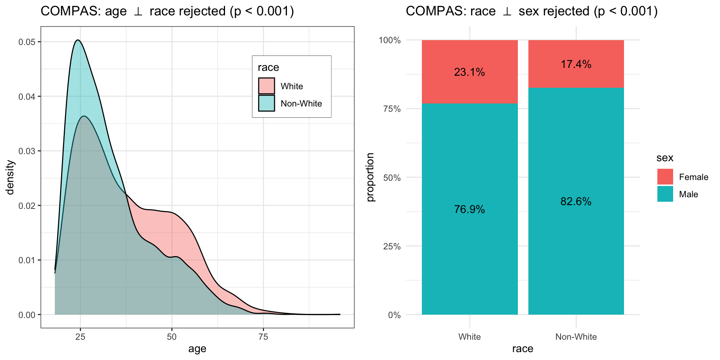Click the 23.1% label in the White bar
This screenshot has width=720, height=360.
(x=469, y=72)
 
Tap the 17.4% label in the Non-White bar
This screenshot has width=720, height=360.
(x=576, y=64)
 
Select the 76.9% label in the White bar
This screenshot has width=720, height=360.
(x=469, y=209)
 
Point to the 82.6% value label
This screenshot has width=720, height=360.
(x=576, y=202)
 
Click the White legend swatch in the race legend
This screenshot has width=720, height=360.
(x=266, y=86)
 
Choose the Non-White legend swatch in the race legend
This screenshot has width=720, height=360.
(x=266, y=103)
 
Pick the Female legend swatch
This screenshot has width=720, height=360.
(x=665, y=177)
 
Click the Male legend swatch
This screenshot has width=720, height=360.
(x=665, y=194)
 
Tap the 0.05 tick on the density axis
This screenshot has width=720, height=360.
(x=27, y=42)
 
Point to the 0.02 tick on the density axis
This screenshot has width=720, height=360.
(x=27, y=206)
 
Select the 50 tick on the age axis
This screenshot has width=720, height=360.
(x=172, y=337)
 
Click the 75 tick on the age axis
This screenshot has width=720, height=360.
(x=263, y=337)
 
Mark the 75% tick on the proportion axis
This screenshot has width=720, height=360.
(x=392, y=109)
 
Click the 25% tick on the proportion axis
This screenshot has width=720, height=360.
(x=392, y=246)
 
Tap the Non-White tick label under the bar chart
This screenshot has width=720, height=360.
(x=576, y=337)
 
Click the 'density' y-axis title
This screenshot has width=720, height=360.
(x=10, y=177)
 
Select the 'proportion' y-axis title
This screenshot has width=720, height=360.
(x=370, y=177)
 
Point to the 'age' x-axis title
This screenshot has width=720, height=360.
(x=197, y=349)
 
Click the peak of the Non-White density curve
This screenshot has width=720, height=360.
(x=78, y=40)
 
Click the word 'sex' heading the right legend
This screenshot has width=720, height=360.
(x=665, y=158)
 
